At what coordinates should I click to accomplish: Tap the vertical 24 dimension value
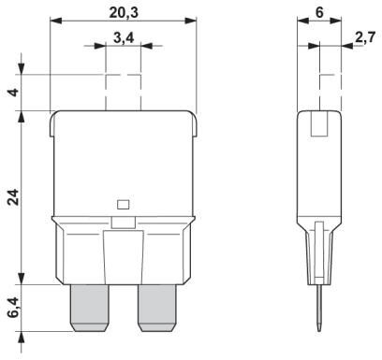[11, 197]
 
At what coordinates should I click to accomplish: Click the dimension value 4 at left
[11, 94]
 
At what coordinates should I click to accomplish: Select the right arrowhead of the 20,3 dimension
[194, 20]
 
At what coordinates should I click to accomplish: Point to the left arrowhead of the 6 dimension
[301, 20]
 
